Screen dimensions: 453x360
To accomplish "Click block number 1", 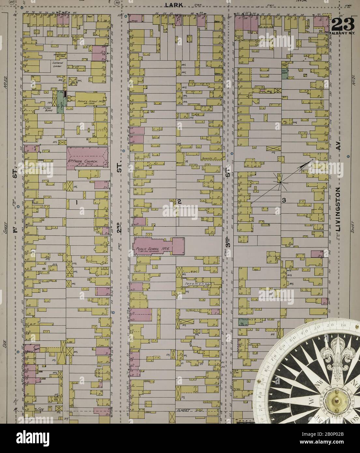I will click(76, 203).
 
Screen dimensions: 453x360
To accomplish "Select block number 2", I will click(179, 201).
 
